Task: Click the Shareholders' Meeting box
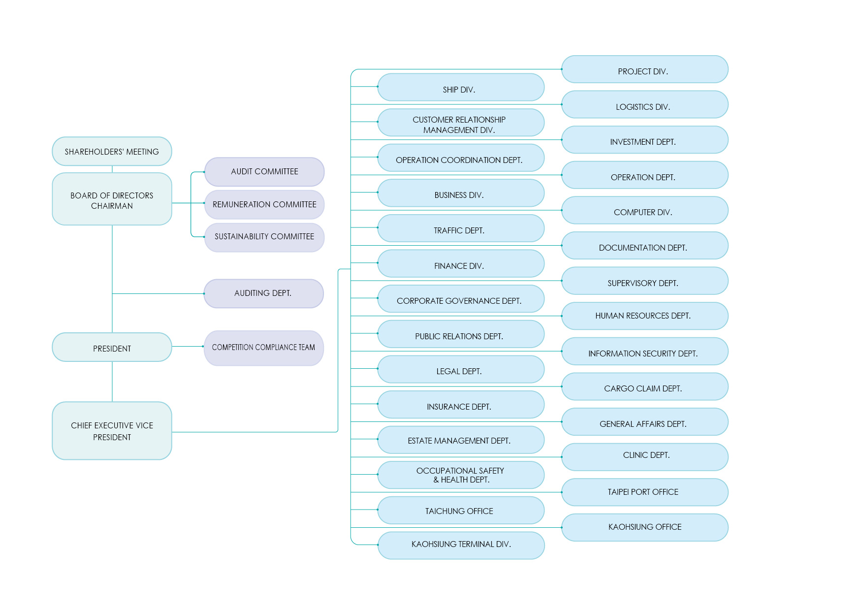point(112,151)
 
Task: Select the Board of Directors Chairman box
point(112,199)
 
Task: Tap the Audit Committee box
point(264,171)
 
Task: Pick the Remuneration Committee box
point(264,204)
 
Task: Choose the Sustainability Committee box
point(264,237)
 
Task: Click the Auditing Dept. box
point(263,293)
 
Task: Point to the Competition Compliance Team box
point(263,348)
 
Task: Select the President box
point(112,348)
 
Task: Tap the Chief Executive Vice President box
point(112,431)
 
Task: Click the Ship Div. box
point(460,88)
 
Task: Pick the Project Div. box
point(644,70)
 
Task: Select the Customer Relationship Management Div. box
point(460,123)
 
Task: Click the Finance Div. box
point(460,264)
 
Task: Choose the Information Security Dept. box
point(644,352)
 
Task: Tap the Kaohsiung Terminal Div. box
point(460,545)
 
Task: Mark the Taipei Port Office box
point(644,492)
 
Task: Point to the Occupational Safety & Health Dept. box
point(460,475)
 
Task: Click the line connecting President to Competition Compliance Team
point(188,347)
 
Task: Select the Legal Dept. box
point(460,370)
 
